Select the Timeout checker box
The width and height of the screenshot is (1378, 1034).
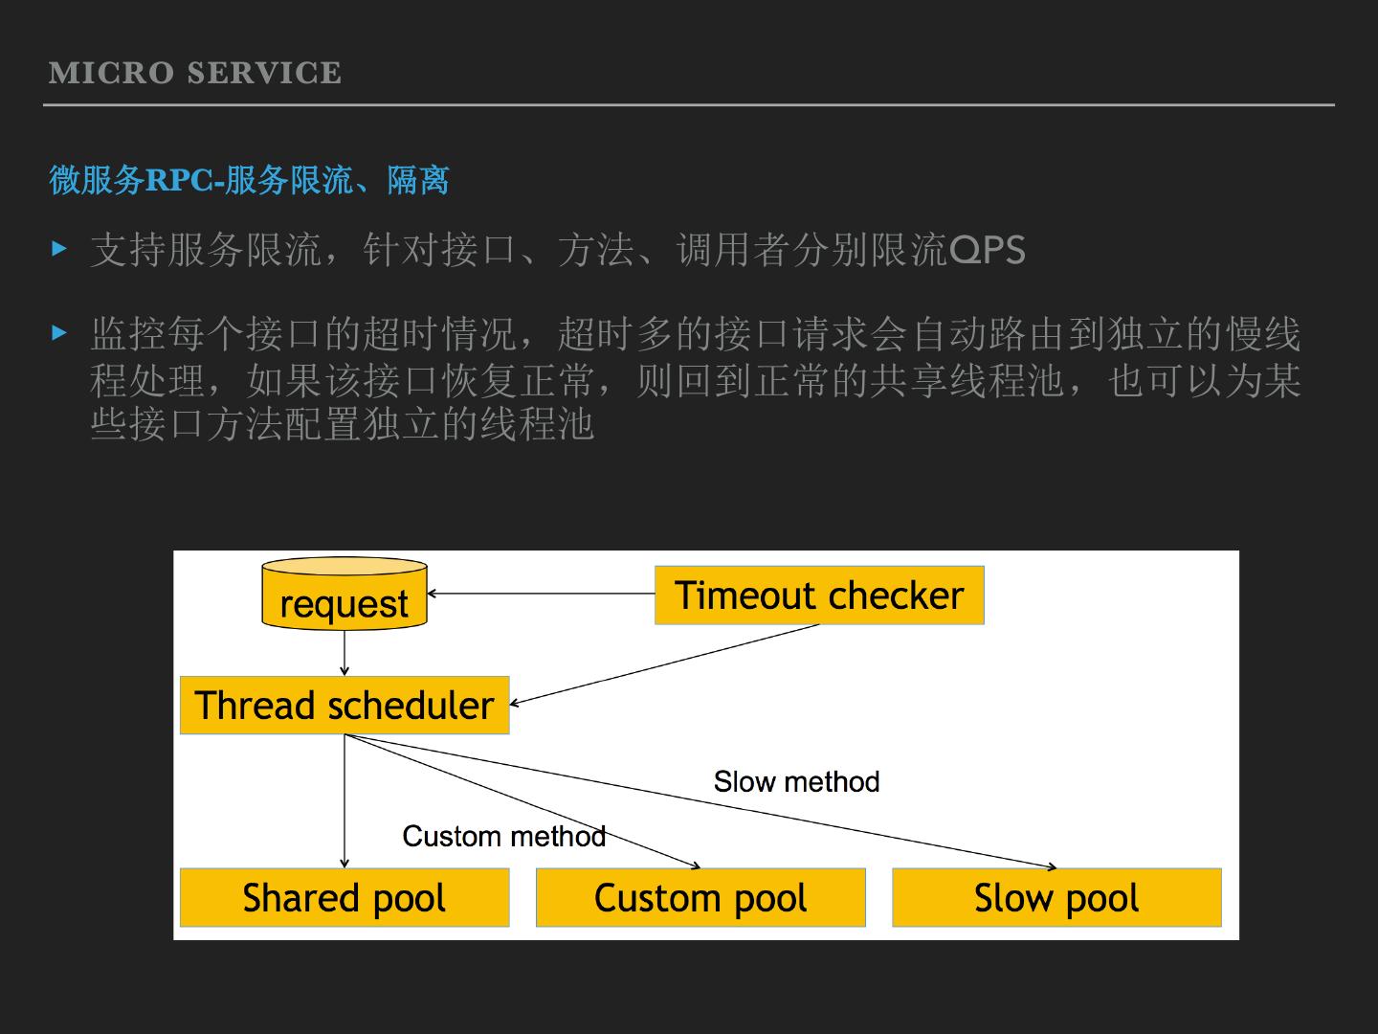coord(819,596)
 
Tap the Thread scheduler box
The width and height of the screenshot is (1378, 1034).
coord(344,706)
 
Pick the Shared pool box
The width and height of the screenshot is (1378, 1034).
coord(344,898)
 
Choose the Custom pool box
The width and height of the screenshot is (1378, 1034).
coord(700,898)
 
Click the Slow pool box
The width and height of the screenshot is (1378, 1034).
coord(1056,898)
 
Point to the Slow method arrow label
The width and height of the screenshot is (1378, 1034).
coord(796,781)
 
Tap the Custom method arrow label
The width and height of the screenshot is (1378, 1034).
coord(503,836)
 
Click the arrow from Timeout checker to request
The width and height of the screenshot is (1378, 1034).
coord(541,594)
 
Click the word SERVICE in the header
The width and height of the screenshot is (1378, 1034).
coord(264,73)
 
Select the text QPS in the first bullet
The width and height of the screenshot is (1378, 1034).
coord(987,251)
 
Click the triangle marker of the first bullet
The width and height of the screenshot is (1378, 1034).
coord(60,249)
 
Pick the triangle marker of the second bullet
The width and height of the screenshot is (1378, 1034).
coord(60,333)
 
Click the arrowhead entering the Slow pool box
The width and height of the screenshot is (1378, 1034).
coord(1053,866)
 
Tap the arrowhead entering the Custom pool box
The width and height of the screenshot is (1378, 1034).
coord(697,866)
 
